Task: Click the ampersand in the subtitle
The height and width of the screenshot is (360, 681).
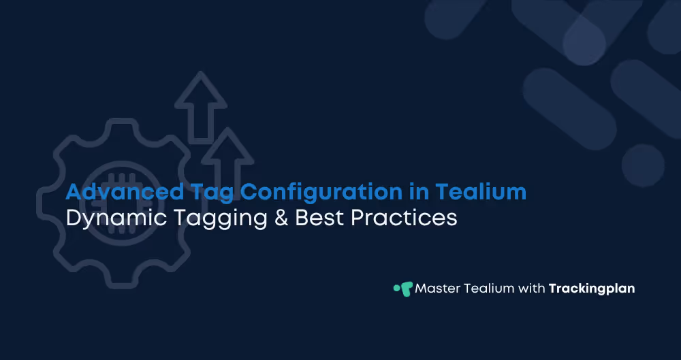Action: click(276, 219)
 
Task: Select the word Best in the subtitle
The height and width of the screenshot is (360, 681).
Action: click(317, 219)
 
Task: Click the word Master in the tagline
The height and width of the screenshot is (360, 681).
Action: click(437, 289)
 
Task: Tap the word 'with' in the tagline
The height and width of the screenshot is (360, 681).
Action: click(531, 289)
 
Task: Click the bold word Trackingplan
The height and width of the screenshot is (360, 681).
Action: click(591, 289)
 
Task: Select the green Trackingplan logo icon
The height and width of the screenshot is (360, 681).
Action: click(407, 289)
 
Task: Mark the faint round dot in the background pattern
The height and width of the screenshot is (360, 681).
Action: click(642, 165)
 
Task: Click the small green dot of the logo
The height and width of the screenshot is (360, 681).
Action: click(396, 288)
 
